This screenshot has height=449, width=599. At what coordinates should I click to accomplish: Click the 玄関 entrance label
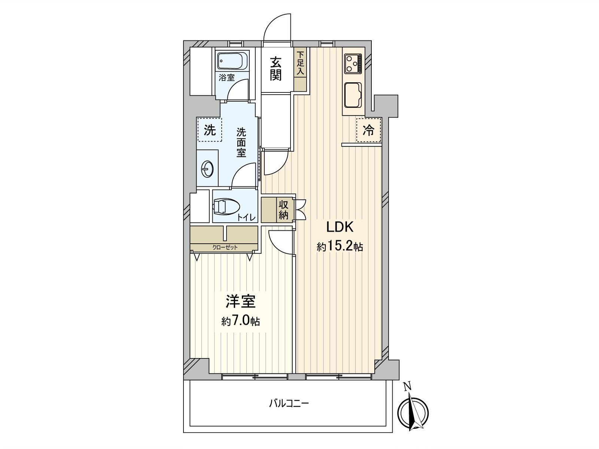tap(276, 68)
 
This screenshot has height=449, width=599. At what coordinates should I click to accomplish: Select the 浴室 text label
tap(227, 78)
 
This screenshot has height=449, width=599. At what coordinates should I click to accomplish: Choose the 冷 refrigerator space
tap(368, 130)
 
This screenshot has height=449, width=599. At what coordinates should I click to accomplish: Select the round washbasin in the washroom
tap(207, 169)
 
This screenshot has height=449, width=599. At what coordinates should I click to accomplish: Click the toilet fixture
tap(226, 207)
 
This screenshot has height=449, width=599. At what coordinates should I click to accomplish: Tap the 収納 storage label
tap(283, 210)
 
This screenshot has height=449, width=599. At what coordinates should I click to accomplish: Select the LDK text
tap(340, 227)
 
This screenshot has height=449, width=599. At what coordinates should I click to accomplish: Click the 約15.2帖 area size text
tap(340, 246)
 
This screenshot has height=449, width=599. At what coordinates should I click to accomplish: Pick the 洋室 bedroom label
tap(240, 302)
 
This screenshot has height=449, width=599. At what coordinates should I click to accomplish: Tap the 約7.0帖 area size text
tap(240, 321)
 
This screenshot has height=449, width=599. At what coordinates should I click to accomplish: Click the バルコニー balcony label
tap(289, 403)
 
